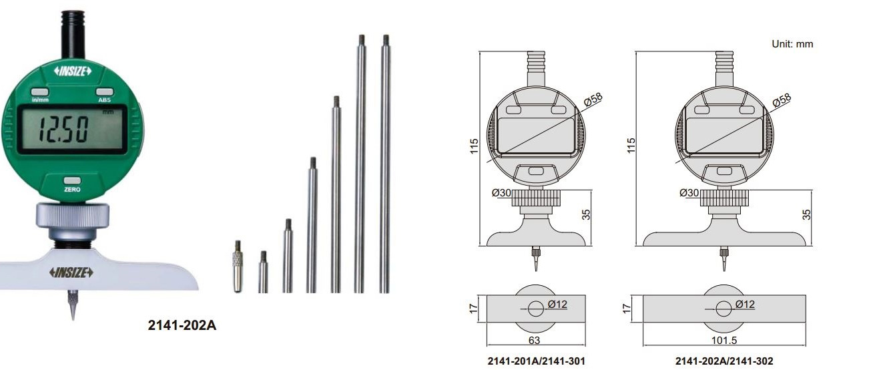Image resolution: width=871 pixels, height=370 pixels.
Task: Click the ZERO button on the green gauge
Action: pos(72,182)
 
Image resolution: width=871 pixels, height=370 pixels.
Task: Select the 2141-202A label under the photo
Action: pos(182,326)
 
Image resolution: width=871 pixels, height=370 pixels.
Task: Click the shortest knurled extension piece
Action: pos(237,266)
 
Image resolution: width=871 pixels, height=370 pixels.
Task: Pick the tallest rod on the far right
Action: pos(385,164)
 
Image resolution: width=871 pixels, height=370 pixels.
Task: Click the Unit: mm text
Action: pos(792,44)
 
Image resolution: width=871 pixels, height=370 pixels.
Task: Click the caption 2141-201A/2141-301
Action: pos(535,361)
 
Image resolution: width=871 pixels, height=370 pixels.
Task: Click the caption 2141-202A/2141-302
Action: pos(724,361)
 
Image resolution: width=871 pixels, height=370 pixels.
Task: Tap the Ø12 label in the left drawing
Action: pos(558,305)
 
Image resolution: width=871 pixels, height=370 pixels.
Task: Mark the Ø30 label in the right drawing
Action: pos(689,193)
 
